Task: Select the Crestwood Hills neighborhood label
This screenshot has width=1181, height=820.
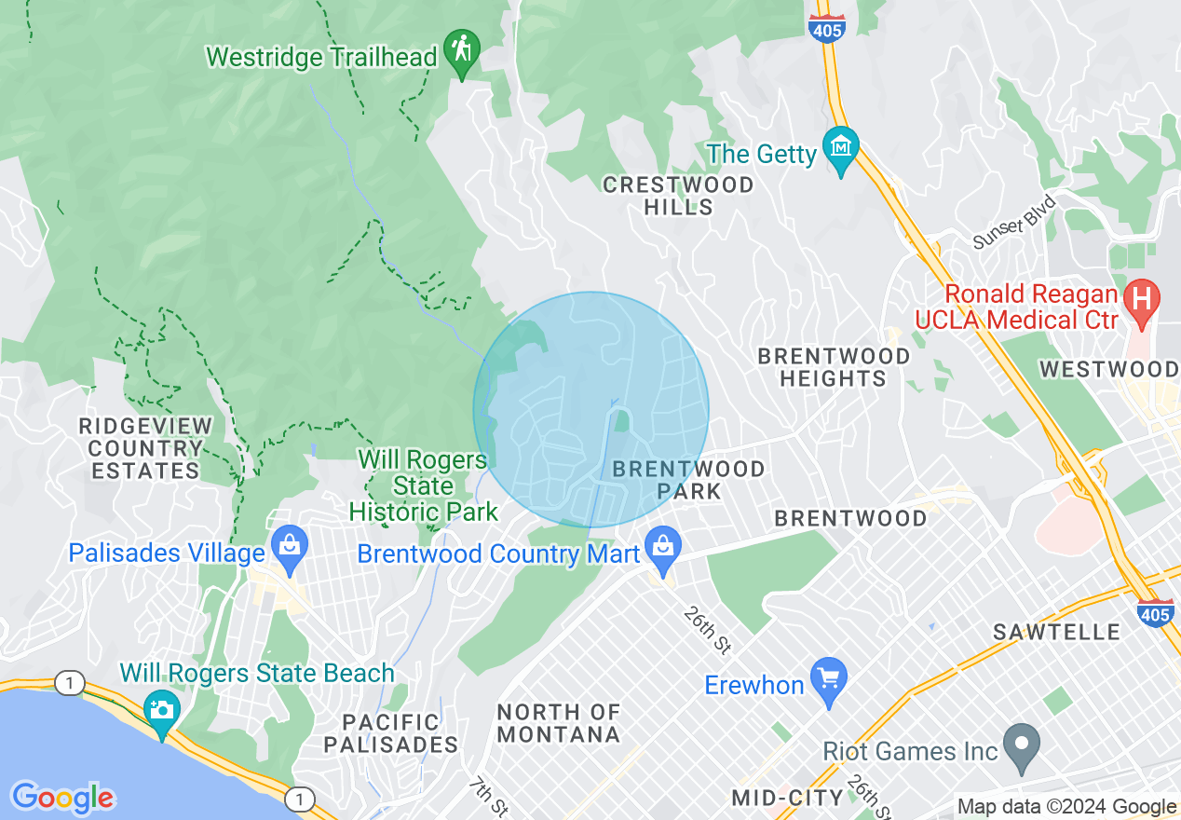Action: coord(678,196)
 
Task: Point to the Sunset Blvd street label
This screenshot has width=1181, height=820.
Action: coord(1015,222)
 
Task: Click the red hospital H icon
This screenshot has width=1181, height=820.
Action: coord(1141,299)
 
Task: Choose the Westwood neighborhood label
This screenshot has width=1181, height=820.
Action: coord(1108,369)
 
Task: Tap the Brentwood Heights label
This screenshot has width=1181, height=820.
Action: coord(834,367)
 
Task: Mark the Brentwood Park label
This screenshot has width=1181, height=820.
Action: coord(688,479)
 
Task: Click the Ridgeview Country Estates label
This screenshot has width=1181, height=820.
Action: coord(145,448)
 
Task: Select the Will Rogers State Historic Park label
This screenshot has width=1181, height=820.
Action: coord(424,485)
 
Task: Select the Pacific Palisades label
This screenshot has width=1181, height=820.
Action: coord(391,733)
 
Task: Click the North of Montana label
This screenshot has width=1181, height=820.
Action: coord(559,723)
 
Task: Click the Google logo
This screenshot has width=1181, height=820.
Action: coord(63,798)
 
